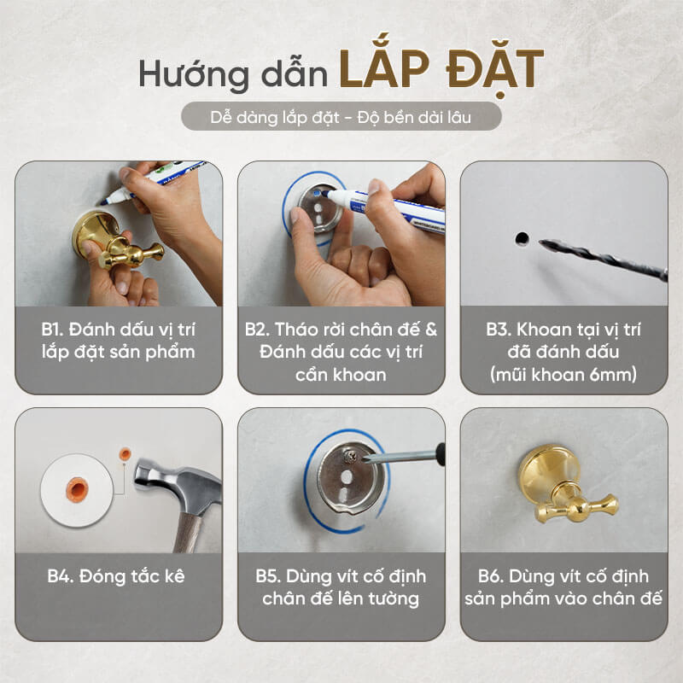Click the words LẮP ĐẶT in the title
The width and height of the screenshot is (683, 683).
(x=441, y=70)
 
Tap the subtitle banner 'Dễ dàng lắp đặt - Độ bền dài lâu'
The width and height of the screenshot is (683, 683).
(x=341, y=116)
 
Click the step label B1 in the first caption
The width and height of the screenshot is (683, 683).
(x=52, y=330)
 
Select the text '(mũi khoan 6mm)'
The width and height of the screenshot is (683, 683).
(x=563, y=375)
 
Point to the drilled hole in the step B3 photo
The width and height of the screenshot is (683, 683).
(x=522, y=238)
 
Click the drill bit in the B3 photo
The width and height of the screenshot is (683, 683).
(x=604, y=260)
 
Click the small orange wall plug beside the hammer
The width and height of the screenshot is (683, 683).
(x=125, y=454)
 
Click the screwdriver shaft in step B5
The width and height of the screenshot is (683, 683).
(x=403, y=455)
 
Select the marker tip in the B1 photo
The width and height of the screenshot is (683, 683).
(x=104, y=201)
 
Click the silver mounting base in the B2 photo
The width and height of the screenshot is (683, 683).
(x=321, y=209)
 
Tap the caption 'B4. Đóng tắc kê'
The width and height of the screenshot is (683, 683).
(x=116, y=576)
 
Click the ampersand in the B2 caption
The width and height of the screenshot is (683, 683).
(x=431, y=330)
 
